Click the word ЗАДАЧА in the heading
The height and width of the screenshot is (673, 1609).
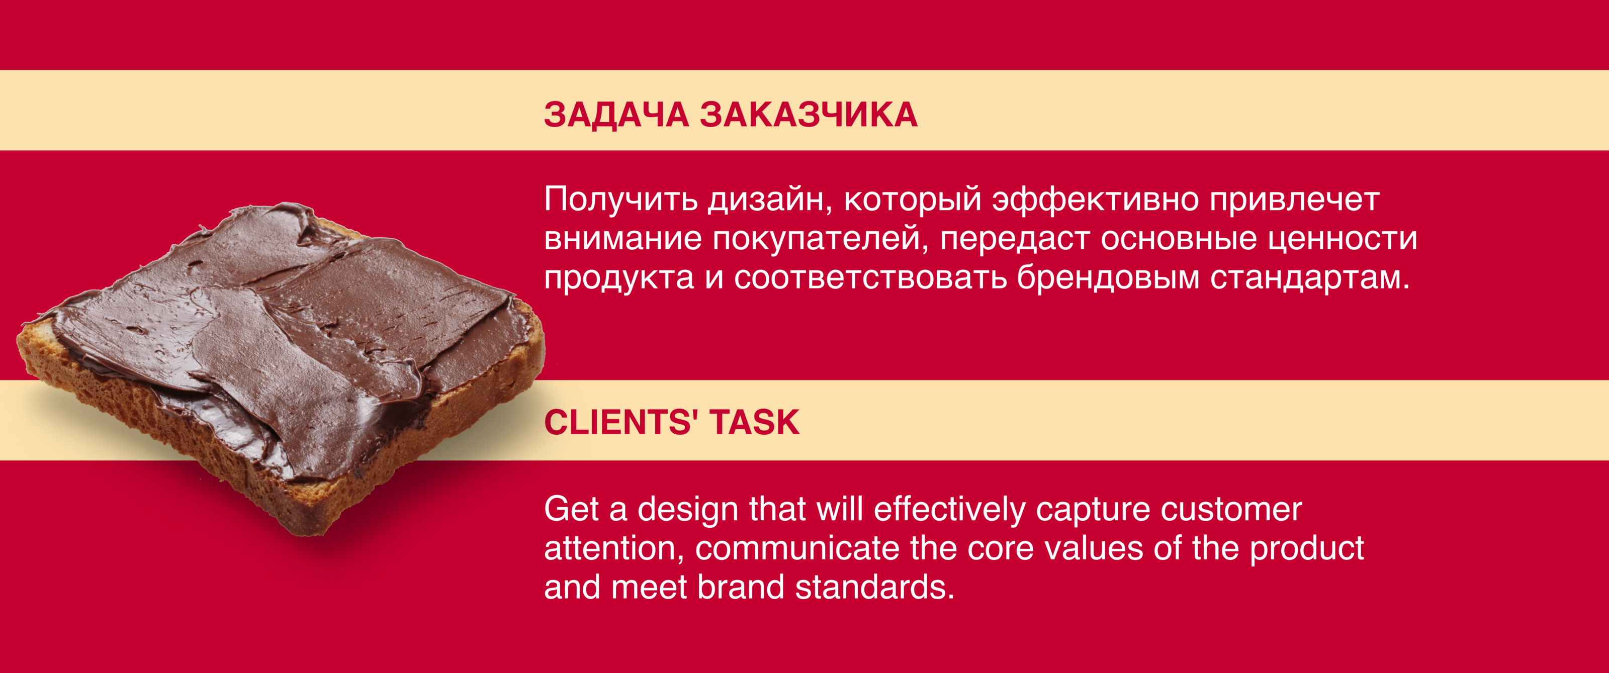coord(616,116)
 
